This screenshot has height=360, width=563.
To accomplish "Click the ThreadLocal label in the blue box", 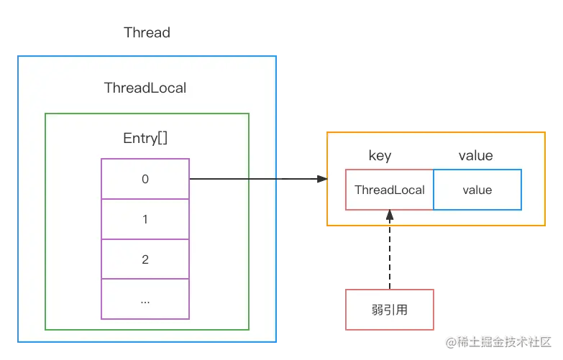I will [x=145, y=88].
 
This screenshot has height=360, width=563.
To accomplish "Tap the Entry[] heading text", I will [x=145, y=138].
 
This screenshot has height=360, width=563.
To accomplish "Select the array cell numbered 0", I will [x=145, y=179].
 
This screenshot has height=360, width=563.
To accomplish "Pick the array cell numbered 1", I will [x=145, y=219].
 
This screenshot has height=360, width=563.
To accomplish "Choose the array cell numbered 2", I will [x=145, y=259].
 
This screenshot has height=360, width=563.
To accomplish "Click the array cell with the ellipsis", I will [x=145, y=299].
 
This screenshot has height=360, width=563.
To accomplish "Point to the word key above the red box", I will [x=380, y=156].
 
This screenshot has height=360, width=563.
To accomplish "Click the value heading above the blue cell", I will [x=476, y=156].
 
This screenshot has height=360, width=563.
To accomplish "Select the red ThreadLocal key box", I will [x=390, y=190].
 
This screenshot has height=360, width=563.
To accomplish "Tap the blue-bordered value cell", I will [x=477, y=190].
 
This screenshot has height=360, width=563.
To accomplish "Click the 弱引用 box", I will [x=390, y=310].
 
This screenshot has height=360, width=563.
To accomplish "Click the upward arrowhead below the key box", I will [x=390, y=215].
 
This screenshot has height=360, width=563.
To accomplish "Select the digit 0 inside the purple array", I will [x=145, y=179].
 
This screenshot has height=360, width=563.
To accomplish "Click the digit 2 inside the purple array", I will [x=145, y=259].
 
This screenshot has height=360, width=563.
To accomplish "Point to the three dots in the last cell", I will [x=145, y=300].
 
